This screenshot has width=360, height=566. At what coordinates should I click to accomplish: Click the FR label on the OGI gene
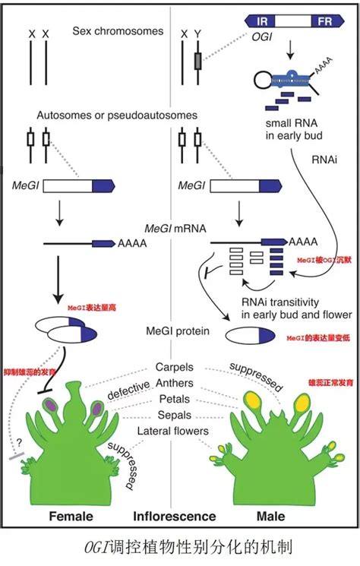pos(327,22)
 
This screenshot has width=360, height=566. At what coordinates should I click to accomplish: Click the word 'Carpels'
pos(179,366)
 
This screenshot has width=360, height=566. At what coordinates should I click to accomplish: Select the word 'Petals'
pos(179,399)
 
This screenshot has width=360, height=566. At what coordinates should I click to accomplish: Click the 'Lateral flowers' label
pos(179,431)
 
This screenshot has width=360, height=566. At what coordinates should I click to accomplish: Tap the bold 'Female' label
pos(71,517)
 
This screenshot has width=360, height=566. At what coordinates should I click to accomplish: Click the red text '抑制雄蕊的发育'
pos(31,367)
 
